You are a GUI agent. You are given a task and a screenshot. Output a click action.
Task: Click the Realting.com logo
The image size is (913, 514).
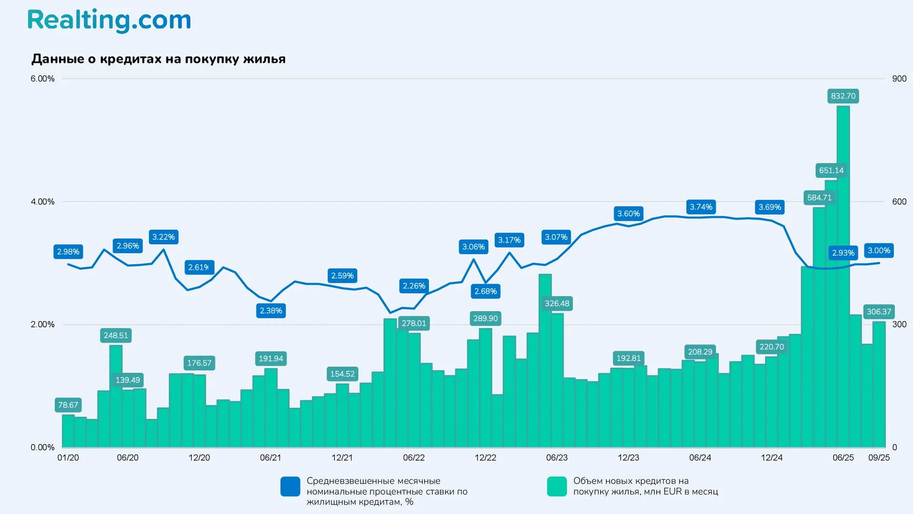109,20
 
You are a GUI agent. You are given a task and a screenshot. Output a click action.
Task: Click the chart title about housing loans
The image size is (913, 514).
158,59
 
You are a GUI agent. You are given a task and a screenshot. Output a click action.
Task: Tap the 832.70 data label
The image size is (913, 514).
843,96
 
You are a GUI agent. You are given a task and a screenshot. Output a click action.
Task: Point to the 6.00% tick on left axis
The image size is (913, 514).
42,79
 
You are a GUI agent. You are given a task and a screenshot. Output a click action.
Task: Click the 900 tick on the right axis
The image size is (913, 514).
899,79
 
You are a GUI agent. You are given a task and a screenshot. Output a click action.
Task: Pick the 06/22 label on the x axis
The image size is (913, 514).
414,457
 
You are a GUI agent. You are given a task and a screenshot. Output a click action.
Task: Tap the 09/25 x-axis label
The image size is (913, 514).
879,457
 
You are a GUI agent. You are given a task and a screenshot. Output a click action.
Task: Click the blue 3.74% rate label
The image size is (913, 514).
701,207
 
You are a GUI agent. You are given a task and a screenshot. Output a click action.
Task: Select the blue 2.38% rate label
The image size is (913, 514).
271,311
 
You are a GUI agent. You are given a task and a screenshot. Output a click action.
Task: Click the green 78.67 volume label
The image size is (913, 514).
68,405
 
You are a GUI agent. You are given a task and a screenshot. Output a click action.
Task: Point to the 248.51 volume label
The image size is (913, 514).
116,336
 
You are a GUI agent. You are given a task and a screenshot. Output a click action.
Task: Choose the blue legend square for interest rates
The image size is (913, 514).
290,486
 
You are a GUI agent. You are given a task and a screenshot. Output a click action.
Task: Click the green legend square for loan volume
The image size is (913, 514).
557,486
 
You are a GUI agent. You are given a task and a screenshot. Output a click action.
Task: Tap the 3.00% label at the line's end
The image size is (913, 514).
879,250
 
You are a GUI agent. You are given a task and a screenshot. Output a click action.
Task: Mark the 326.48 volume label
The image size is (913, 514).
557,304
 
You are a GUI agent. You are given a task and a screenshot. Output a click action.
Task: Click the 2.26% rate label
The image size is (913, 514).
414,286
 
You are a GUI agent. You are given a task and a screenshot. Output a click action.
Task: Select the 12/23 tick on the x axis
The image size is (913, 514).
628,457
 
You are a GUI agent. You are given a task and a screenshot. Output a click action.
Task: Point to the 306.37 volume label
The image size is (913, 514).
879,312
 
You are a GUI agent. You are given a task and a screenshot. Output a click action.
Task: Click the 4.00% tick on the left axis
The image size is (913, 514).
42,202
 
